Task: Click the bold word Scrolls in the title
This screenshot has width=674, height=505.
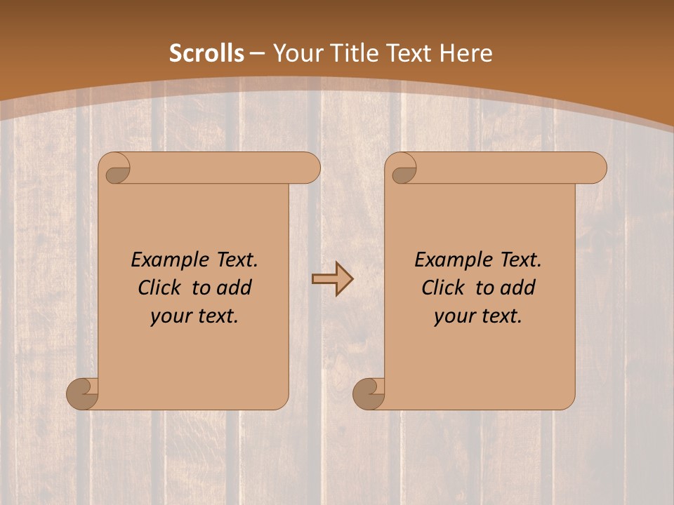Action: pyautogui.click(x=207, y=53)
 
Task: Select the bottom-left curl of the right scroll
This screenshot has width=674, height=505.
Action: pyautogui.click(x=369, y=393)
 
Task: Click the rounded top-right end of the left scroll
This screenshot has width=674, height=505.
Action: pyautogui.click(x=309, y=168)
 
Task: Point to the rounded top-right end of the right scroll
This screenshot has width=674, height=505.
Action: pyautogui.click(x=595, y=168)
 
